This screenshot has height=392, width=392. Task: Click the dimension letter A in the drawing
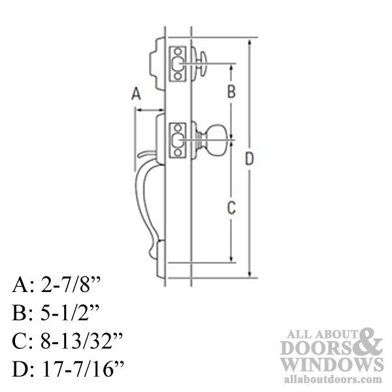135,93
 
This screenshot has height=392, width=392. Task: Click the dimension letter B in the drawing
231,91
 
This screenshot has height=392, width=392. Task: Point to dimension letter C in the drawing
231,208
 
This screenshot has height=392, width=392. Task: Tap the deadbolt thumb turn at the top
203,63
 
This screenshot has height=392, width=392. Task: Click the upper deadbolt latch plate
178,63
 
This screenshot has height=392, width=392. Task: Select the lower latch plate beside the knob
178,139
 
